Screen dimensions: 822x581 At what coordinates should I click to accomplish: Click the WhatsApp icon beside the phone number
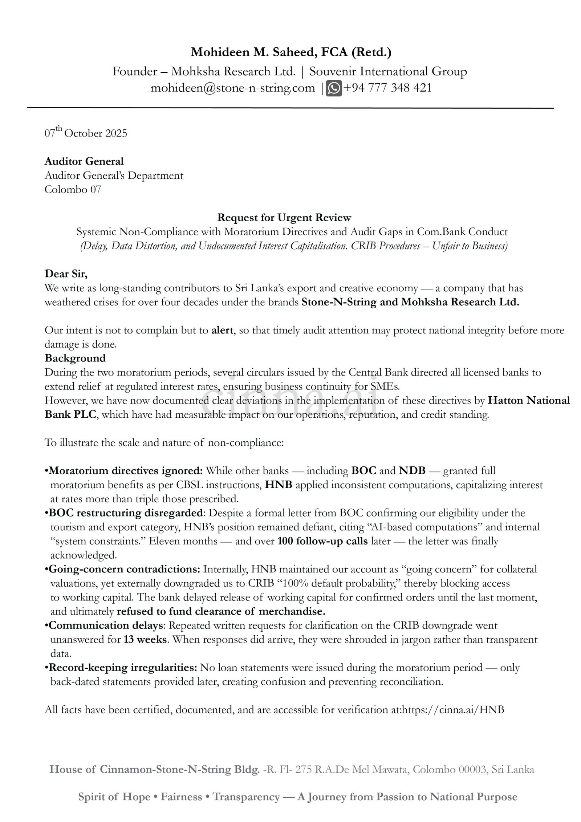pyautogui.click(x=334, y=88)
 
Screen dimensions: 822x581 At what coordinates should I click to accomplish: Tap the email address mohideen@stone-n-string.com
pyautogui.click(x=233, y=88)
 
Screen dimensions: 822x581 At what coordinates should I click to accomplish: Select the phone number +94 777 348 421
pyautogui.click(x=387, y=88)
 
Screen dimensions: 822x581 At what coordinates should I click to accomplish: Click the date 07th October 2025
pyautogui.click(x=86, y=133)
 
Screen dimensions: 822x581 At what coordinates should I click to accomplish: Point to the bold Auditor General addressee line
pyautogui.click(x=84, y=161)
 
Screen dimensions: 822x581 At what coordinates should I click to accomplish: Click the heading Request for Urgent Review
pyautogui.click(x=284, y=218)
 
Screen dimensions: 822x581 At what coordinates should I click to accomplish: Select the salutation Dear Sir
pyautogui.click(x=66, y=274)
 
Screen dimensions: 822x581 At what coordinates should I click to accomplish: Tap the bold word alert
pyautogui.click(x=222, y=330)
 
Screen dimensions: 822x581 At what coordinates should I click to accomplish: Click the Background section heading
pyautogui.click(x=75, y=358)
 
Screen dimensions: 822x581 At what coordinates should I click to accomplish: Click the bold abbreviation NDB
pyautogui.click(x=412, y=471)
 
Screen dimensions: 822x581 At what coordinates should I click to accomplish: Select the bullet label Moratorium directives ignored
pyautogui.click(x=126, y=471)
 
